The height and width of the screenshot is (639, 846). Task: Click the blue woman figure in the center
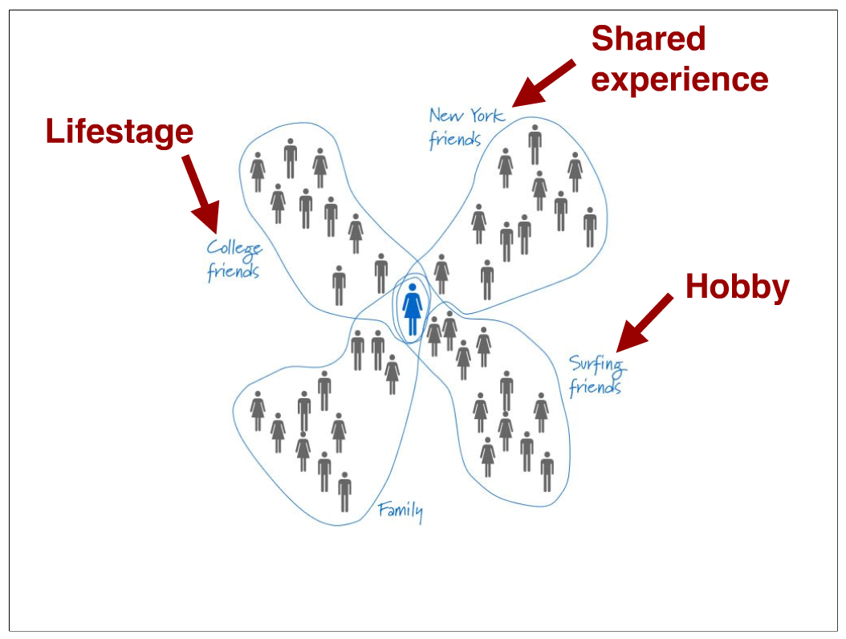click(413, 309)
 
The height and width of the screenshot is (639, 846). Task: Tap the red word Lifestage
click(120, 132)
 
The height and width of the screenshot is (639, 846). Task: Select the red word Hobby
click(737, 287)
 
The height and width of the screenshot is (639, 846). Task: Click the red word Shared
click(649, 39)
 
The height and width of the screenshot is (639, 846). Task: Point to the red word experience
click(680, 79)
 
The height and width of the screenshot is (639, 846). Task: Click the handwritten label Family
click(401, 511)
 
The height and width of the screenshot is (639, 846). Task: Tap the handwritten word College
click(234, 247)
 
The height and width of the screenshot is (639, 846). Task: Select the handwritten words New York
click(466, 116)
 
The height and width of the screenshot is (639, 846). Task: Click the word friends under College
click(233, 271)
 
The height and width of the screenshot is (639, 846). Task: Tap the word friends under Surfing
click(595, 388)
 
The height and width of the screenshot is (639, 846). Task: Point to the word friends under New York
click(454, 140)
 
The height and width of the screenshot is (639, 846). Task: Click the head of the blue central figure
click(413, 287)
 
